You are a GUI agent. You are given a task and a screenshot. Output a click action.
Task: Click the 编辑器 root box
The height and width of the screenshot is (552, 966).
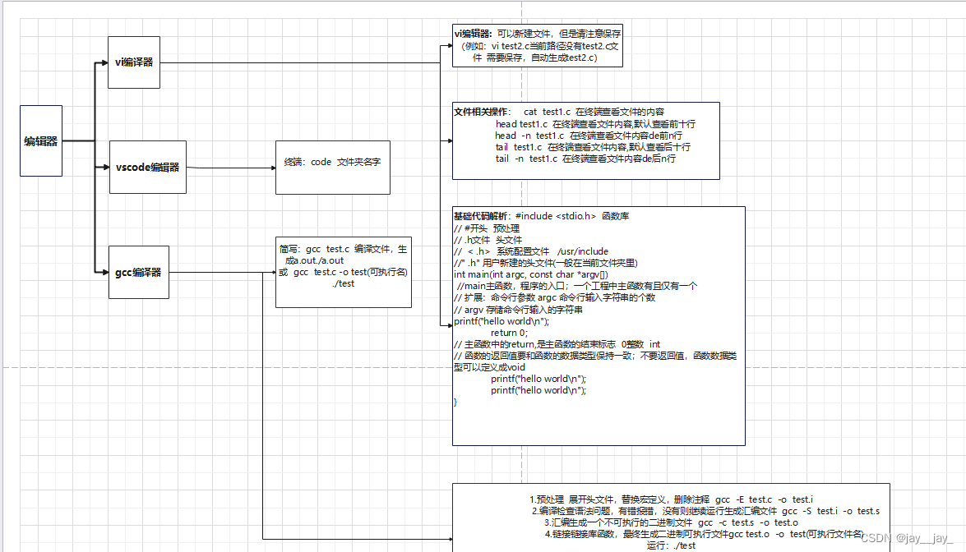pyautogui.click(x=41, y=140)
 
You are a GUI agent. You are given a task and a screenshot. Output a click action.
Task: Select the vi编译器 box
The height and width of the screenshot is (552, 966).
pyautogui.click(x=134, y=62)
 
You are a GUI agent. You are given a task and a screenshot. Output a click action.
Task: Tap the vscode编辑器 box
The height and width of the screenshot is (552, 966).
pyautogui.click(x=148, y=168)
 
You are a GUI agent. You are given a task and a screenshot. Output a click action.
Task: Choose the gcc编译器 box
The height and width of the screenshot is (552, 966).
pyautogui.click(x=139, y=272)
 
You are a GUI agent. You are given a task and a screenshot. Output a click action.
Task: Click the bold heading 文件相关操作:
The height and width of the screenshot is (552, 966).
pyautogui.click(x=482, y=112)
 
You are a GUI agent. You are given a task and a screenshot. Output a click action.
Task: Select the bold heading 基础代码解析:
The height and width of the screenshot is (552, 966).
pyautogui.click(x=483, y=217)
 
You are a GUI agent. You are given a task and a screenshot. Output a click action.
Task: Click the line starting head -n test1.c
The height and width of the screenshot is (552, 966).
pyautogui.click(x=589, y=136)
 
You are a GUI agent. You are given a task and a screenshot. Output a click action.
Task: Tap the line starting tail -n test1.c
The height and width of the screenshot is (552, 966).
pyautogui.click(x=585, y=159)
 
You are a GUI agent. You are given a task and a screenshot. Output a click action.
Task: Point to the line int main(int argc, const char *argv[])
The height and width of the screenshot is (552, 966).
pyautogui.click(x=530, y=274)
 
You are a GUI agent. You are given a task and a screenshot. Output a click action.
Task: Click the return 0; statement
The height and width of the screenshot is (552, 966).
pyautogui.click(x=510, y=333)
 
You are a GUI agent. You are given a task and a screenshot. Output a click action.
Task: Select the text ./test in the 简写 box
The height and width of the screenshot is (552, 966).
pyautogui.click(x=344, y=283)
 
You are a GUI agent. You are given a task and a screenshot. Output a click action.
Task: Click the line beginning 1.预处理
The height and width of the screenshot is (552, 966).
pyautogui.click(x=671, y=499)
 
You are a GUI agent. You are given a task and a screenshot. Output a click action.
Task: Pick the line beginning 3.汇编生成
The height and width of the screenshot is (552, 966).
pyautogui.click(x=671, y=522)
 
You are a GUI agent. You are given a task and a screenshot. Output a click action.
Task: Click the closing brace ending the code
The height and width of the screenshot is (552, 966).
pyautogui.click(x=455, y=402)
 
